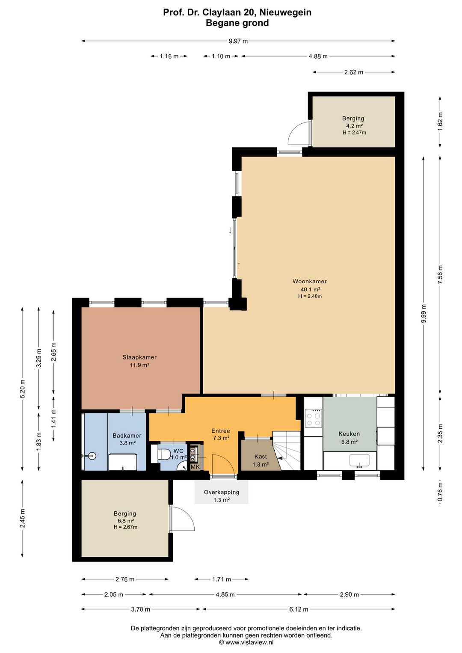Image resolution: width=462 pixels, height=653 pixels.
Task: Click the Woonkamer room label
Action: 310,281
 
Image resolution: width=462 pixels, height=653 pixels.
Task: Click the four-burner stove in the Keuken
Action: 313,418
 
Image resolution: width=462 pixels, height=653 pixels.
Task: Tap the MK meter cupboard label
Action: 195,467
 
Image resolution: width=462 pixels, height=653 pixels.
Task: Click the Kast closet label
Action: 260,457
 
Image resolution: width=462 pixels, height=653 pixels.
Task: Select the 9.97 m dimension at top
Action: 238,41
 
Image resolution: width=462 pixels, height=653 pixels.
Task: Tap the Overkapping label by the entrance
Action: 221,492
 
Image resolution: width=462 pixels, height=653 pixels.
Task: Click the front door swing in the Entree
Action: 223,465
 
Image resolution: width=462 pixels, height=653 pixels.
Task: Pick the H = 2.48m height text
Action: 310,297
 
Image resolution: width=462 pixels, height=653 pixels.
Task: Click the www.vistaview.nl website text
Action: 246,642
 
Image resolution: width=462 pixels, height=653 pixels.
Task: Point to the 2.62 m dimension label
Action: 354,72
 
